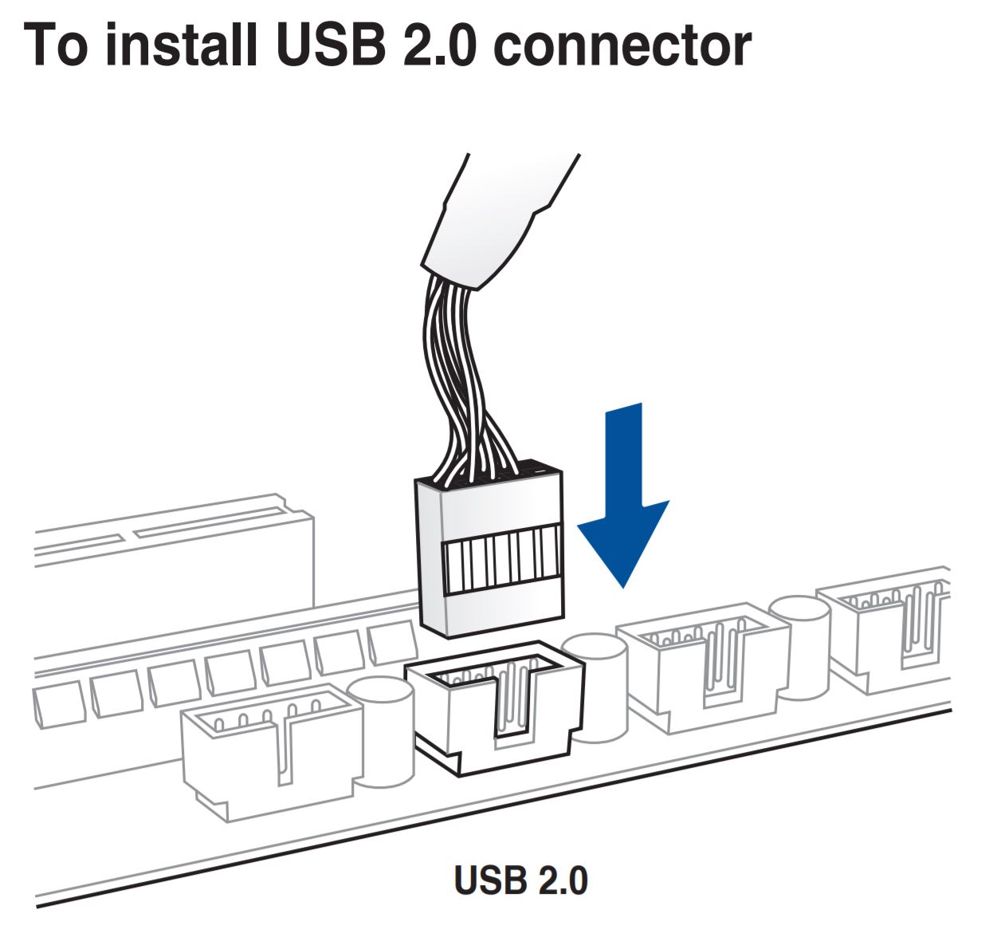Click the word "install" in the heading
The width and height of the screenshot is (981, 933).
(x=181, y=45)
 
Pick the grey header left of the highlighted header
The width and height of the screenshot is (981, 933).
(x=267, y=750)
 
